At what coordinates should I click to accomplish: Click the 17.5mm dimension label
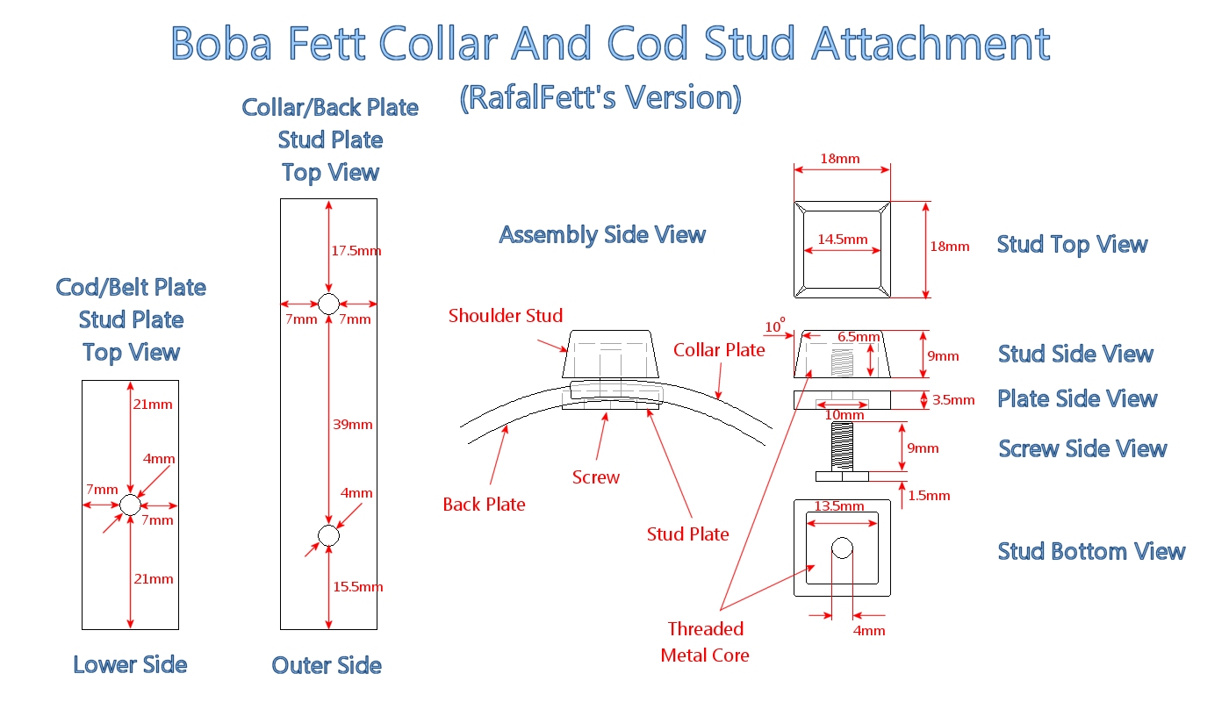[357, 251]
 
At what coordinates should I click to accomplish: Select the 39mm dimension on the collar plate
[352, 425]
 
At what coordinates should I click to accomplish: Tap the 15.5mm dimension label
[357, 587]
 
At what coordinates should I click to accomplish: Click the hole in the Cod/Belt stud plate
[130, 505]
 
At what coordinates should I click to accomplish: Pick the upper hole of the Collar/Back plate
[328, 304]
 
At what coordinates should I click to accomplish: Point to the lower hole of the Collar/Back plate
[328, 535]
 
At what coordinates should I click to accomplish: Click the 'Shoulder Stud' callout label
[505, 316]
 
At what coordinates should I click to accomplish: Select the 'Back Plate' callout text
[484, 505]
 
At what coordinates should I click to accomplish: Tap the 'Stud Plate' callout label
[687, 534]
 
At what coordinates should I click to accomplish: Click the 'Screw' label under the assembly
[595, 477]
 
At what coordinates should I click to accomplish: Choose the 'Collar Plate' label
[719, 350]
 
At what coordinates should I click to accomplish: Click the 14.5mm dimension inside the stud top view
[843, 240]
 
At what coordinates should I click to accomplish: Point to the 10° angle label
[775, 327]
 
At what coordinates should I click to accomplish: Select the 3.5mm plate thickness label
[953, 400]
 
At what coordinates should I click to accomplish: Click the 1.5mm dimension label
[929, 496]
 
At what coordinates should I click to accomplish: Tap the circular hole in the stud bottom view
[842, 548]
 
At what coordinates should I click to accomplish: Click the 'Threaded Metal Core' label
[705, 641]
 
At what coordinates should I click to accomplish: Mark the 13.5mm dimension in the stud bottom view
[840, 506]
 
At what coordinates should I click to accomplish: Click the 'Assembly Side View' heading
[602, 235]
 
